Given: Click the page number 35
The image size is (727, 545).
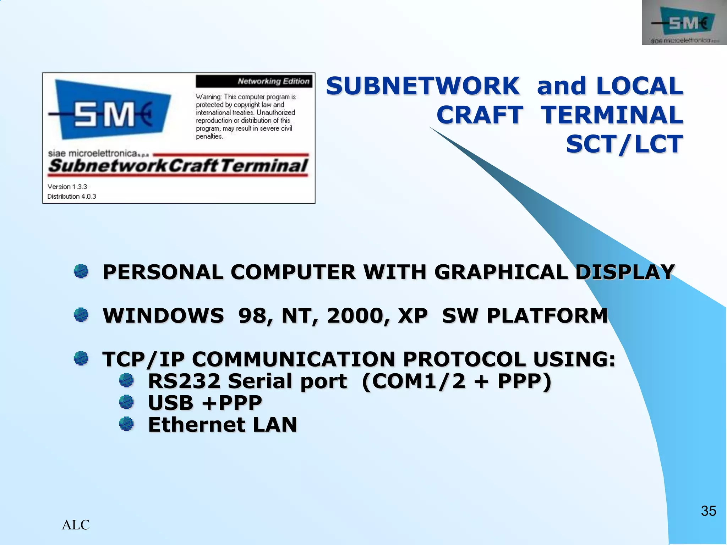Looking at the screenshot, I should click(708, 511).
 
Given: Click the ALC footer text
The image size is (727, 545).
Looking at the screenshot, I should click(76, 525).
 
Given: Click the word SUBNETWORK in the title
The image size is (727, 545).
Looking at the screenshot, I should click(423, 86).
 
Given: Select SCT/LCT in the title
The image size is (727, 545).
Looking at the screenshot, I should click(624, 144).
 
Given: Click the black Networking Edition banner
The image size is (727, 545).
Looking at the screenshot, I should click(254, 81).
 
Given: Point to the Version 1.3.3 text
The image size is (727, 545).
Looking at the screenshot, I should click(67, 187).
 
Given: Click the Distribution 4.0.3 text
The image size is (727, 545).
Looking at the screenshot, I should click(72, 197).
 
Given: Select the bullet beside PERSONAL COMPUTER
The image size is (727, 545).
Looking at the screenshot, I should click(81, 272).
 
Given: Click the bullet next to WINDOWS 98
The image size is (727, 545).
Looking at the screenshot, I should click(81, 315).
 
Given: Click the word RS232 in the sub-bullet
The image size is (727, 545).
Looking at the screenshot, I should click(184, 381).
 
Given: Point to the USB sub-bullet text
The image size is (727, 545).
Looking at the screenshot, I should click(205, 403).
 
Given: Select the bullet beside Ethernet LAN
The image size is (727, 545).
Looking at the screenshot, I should click(126, 424).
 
